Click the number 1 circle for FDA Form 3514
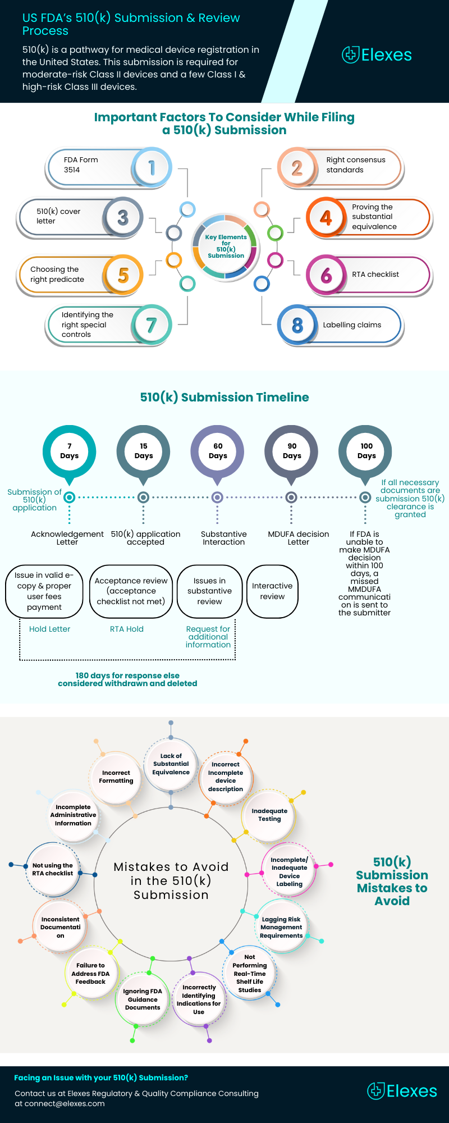pos(152,167)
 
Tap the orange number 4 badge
pos(326,217)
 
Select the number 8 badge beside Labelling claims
pos(297,325)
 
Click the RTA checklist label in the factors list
pos(375,275)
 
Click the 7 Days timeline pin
pos(70,451)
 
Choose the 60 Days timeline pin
pos(218,451)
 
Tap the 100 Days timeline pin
pos(366,451)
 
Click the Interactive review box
pos(272,591)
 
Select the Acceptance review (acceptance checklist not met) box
pos(131,591)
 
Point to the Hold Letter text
pos(49,629)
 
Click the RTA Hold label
pos(127,629)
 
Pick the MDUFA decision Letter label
pos(299,538)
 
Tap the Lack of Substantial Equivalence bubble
pos(171,764)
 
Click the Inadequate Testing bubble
pos(269,815)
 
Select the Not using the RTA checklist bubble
pos(53,869)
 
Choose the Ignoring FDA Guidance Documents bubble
pos(143,999)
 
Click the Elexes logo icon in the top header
pos(351,54)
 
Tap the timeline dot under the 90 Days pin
pos(291,497)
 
